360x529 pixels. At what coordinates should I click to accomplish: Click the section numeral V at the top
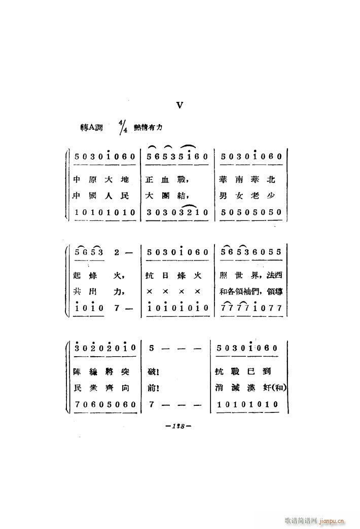[179, 105]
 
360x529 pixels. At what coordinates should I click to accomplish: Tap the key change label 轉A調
[91, 127]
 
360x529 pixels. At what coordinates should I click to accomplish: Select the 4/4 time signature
[123, 127]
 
